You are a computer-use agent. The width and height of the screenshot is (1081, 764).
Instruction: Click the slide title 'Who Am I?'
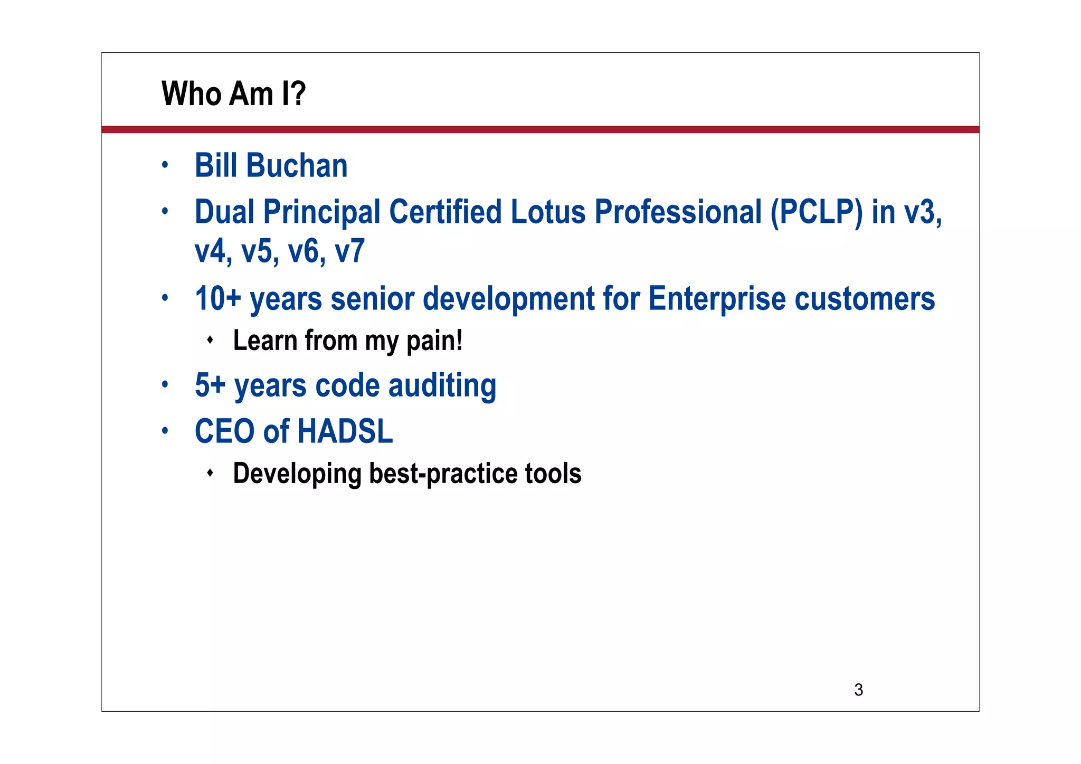tap(233, 93)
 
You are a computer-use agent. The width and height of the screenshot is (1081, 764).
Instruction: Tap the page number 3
tap(858, 690)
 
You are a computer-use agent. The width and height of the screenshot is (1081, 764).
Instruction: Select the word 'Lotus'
tap(548, 212)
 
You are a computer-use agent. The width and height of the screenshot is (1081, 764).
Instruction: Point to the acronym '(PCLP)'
tap(816, 212)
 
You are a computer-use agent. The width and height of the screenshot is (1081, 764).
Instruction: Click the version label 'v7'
tap(349, 251)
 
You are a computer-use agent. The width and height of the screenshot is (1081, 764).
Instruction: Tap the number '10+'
tap(217, 298)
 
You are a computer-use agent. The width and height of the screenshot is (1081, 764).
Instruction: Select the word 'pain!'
tap(434, 341)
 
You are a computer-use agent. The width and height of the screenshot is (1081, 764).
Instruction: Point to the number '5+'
tap(210, 385)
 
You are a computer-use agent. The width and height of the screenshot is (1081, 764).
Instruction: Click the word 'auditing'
tap(442, 385)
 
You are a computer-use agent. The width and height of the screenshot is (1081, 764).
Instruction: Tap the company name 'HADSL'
tap(345, 431)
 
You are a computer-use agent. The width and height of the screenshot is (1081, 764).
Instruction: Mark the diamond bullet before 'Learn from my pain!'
tap(210, 339)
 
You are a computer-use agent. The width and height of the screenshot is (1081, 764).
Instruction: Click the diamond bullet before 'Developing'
tap(210, 472)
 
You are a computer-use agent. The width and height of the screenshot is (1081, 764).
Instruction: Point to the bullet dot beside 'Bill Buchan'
tap(165, 165)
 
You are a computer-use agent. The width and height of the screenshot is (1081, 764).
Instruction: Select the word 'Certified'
tap(445, 212)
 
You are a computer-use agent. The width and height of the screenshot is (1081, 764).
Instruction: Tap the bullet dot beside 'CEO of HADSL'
tap(165, 430)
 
